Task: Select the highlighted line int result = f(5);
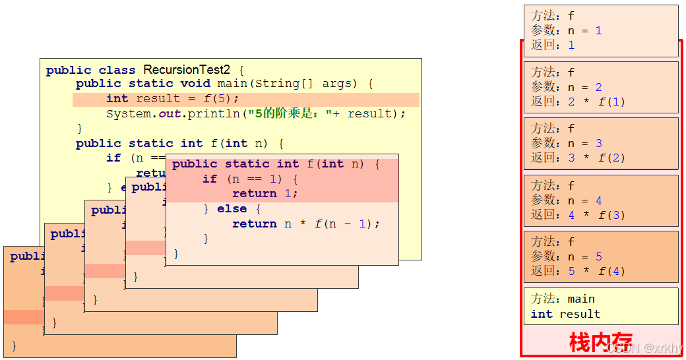click(172, 99)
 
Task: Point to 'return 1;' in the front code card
click(265, 193)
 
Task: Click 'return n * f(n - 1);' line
click(306, 224)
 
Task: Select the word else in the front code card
click(232, 209)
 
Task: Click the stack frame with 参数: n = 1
click(600, 30)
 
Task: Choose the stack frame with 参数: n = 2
click(600, 87)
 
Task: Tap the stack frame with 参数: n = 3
click(600, 143)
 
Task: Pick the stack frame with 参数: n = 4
click(600, 200)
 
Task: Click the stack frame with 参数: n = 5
click(600, 256)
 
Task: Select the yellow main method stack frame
click(600, 306)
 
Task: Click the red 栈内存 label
click(600, 342)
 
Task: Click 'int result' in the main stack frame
click(565, 314)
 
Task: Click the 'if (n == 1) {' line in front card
click(251, 179)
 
